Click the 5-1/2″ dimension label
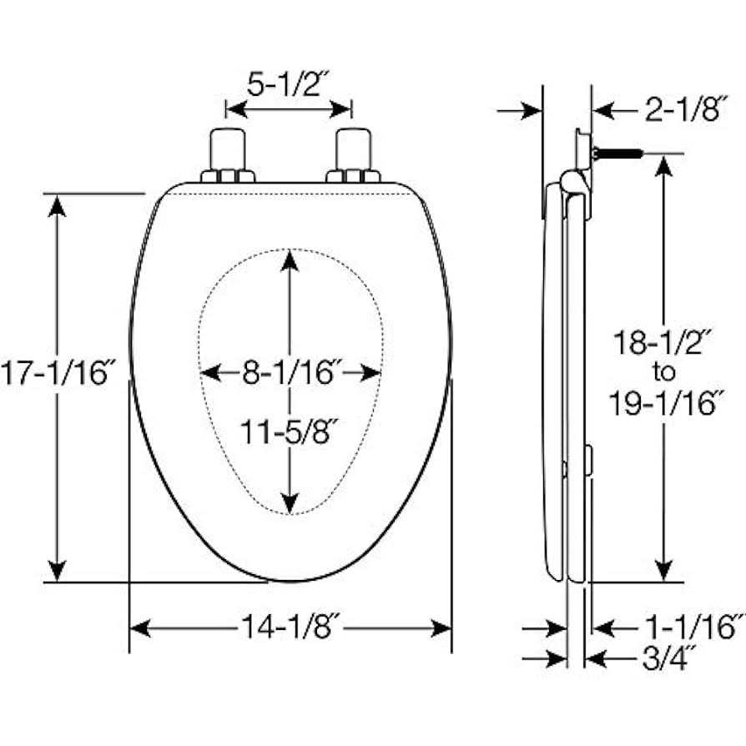click(x=288, y=84)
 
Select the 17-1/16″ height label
click(x=58, y=372)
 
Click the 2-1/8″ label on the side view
click(x=686, y=109)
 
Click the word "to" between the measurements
click(x=663, y=372)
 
